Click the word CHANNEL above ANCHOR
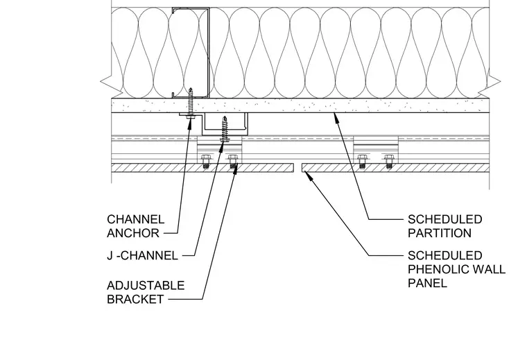point(136,219)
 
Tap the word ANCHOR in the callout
point(133,233)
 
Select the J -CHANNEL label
point(143,256)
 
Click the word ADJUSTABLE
point(146,285)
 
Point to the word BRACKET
point(135,299)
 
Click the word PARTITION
point(440,233)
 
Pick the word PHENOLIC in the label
point(436,269)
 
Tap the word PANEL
point(428,283)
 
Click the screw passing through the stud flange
point(191,103)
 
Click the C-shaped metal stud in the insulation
point(191,53)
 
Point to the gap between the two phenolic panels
point(297,168)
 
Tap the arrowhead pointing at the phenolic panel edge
point(307,175)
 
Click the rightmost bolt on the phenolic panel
point(389,162)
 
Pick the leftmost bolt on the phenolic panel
point(205,162)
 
